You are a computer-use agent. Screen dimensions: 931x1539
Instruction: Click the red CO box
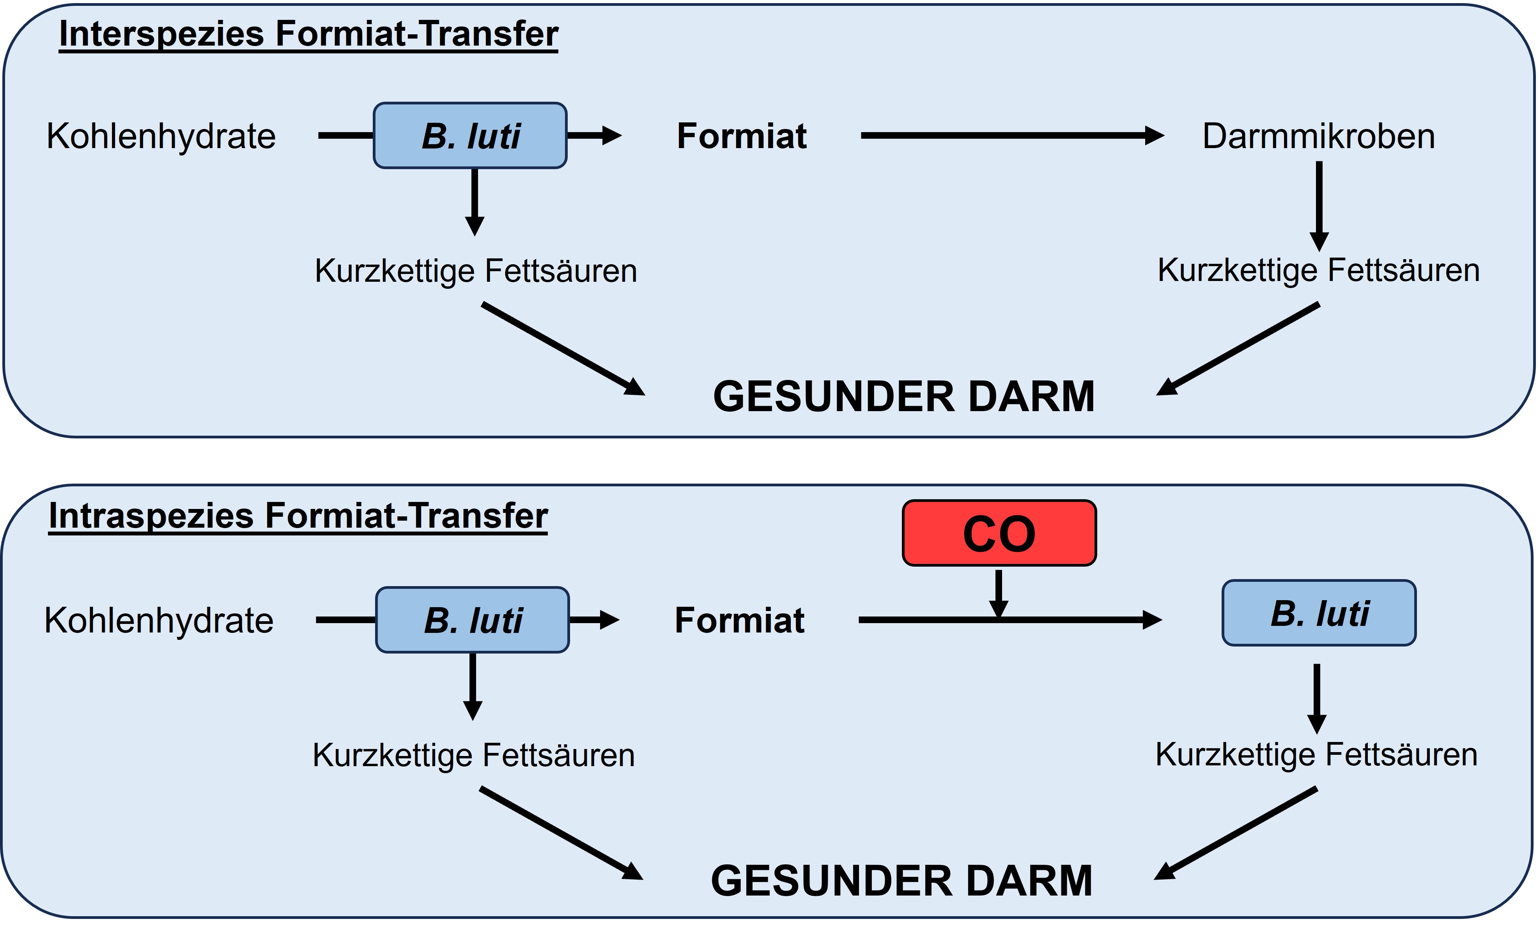[x=999, y=533]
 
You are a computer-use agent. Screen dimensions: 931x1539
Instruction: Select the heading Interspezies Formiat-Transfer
[x=308, y=34]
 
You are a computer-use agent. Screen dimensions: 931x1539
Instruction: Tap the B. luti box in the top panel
[x=470, y=136]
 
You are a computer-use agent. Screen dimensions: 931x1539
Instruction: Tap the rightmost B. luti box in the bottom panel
[x=1319, y=613]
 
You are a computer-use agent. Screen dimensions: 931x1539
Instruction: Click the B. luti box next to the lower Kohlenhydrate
[x=472, y=620]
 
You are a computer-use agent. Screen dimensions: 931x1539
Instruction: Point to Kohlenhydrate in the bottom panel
[x=159, y=621]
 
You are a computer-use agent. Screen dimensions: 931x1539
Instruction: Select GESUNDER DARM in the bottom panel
[x=901, y=881]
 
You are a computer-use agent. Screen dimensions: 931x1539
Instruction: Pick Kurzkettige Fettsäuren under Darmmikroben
[x=1318, y=270]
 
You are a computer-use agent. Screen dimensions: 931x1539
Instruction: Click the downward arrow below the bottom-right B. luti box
[x=1317, y=698]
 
